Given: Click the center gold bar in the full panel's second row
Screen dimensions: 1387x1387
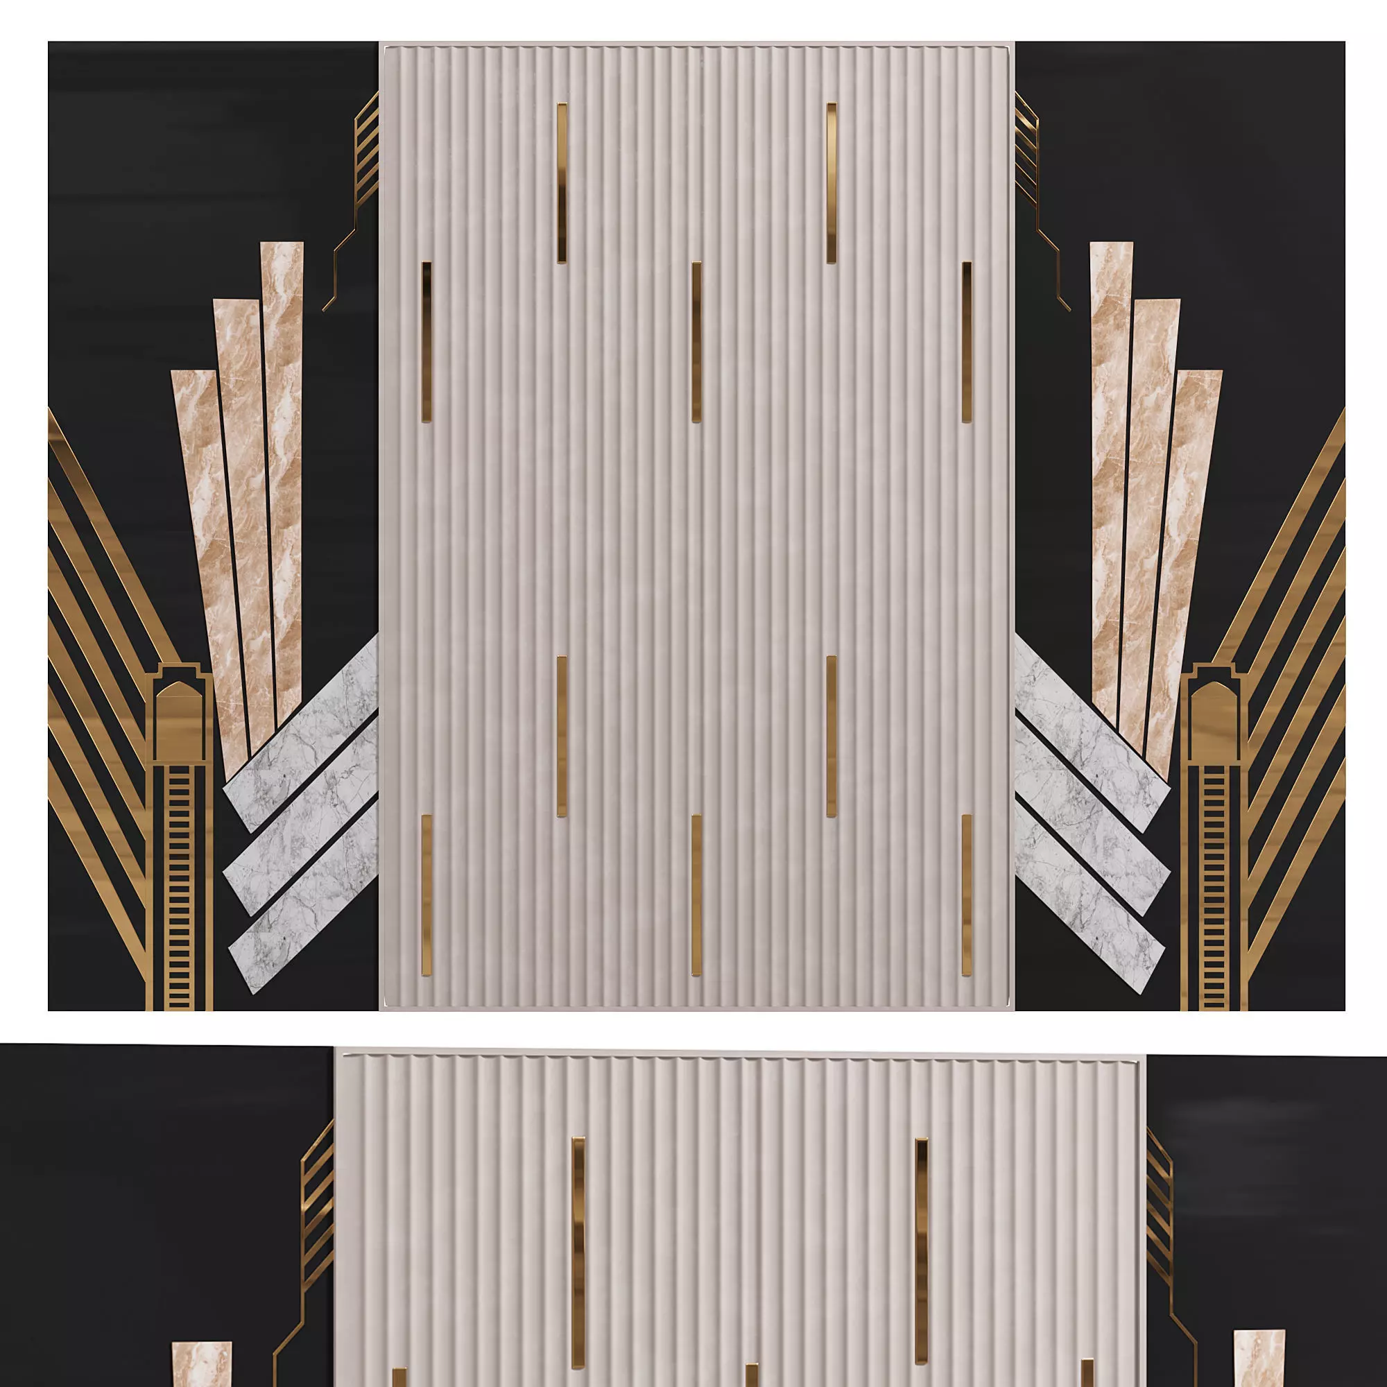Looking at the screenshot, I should click(x=696, y=342).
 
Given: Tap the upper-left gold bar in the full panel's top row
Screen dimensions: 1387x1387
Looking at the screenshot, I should click(x=562, y=182).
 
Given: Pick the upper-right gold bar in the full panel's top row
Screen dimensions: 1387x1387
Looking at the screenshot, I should click(x=832, y=182).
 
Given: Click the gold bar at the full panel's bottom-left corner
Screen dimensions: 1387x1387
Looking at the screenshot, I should click(x=427, y=895).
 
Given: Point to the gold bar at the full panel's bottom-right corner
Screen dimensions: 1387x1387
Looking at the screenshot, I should click(x=966, y=895).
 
